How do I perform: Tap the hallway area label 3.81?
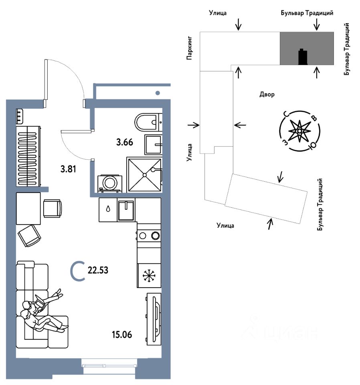(x=68, y=169)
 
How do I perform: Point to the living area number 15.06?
(x=123, y=334)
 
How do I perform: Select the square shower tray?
(x=144, y=175)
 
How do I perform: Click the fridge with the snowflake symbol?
(x=149, y=276)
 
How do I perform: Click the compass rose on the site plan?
(x=299, y=131)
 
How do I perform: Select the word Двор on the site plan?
(x=267, y=95)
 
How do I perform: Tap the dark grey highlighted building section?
(x=307, y=48)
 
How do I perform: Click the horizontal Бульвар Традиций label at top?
(x=307, y=13)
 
